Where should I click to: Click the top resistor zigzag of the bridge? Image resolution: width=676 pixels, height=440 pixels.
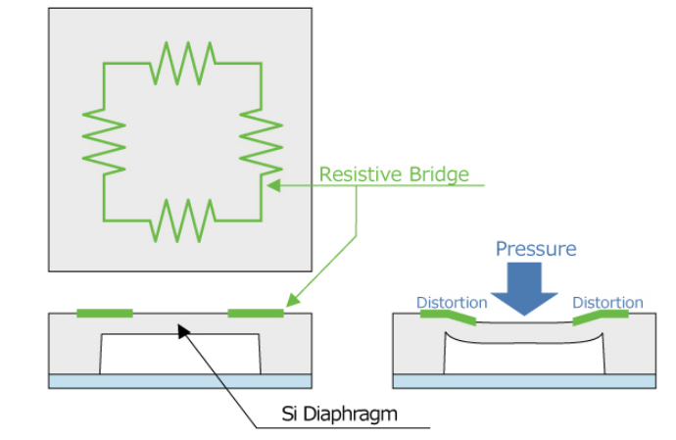tap(182, 64)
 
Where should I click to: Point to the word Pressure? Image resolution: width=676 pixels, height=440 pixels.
tap(535, 248)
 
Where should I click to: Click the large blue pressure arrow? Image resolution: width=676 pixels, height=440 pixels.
tap(523, 290)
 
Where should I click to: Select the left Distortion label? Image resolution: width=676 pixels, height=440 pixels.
tap(452, 302)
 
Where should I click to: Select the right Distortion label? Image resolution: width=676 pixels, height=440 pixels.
tap(607, 302)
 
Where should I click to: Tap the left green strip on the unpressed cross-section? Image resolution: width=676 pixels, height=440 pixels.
tap(104, 313)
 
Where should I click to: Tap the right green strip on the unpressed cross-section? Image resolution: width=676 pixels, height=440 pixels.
tap(255, 313)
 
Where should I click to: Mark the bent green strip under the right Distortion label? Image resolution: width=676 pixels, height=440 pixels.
tap(600, 318)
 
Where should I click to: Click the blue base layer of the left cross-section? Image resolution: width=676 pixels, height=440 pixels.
tap(180, 380)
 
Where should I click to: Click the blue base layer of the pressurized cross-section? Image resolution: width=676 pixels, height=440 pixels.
tap(524, 380)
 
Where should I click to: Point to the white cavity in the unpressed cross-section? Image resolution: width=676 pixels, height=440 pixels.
tap(180, 353)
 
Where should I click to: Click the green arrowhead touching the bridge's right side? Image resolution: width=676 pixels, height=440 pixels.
tap(273, 184)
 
